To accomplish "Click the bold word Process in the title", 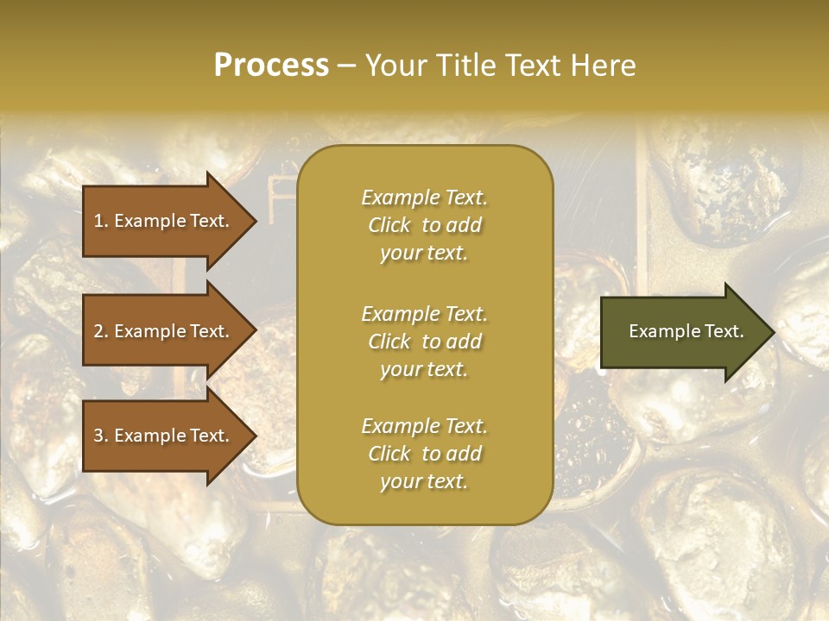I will (271, 66).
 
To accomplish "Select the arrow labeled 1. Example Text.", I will (164, 221).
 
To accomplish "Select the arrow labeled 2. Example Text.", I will (164, 331).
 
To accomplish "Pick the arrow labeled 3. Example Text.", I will (164, 436).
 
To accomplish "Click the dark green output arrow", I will (682, 331).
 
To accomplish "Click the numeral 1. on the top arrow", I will (101, 221).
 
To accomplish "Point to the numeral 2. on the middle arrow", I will (101, 331).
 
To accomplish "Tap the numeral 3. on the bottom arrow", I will (101, 436).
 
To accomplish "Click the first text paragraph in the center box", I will (424, 225).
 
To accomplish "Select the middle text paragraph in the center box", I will (424, 342).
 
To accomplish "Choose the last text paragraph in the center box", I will (424, 454).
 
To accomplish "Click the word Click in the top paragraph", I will (389, 225).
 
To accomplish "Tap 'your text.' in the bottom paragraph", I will (424, 482).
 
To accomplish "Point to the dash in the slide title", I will (347, 66).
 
